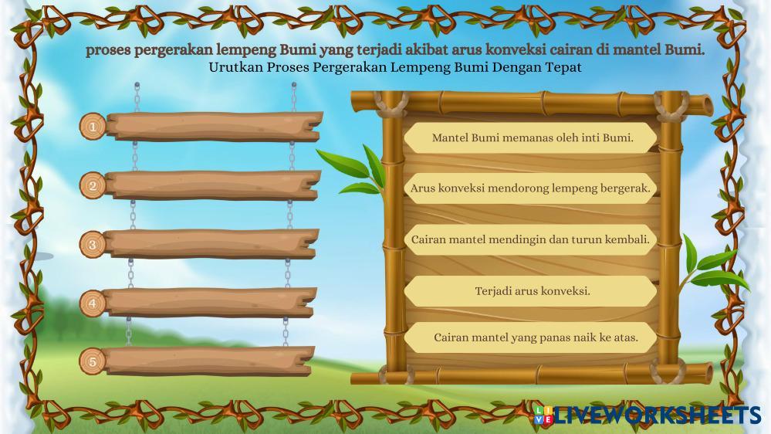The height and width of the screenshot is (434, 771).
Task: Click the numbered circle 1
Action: point(93,127)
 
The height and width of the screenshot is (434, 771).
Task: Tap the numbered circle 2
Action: point(93,185)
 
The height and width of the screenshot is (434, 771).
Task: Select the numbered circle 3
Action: point(93,245)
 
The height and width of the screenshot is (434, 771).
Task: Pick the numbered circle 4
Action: point(93,303)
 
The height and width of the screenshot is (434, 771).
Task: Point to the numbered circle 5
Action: point(93,361)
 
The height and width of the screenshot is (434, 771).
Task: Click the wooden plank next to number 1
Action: point(215,127)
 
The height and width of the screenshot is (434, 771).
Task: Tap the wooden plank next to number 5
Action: point(209,361)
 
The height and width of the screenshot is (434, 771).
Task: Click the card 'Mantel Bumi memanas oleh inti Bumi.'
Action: point(530,137)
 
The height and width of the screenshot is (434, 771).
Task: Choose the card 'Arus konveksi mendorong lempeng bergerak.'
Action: point(530,188)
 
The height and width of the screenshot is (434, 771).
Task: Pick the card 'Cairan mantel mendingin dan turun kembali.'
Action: point(530,239)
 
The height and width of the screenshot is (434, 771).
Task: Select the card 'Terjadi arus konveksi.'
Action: point(530,291)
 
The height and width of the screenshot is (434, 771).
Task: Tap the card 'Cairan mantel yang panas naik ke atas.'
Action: point(530,337)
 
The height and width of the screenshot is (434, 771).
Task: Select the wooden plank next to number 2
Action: point(213,185)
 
